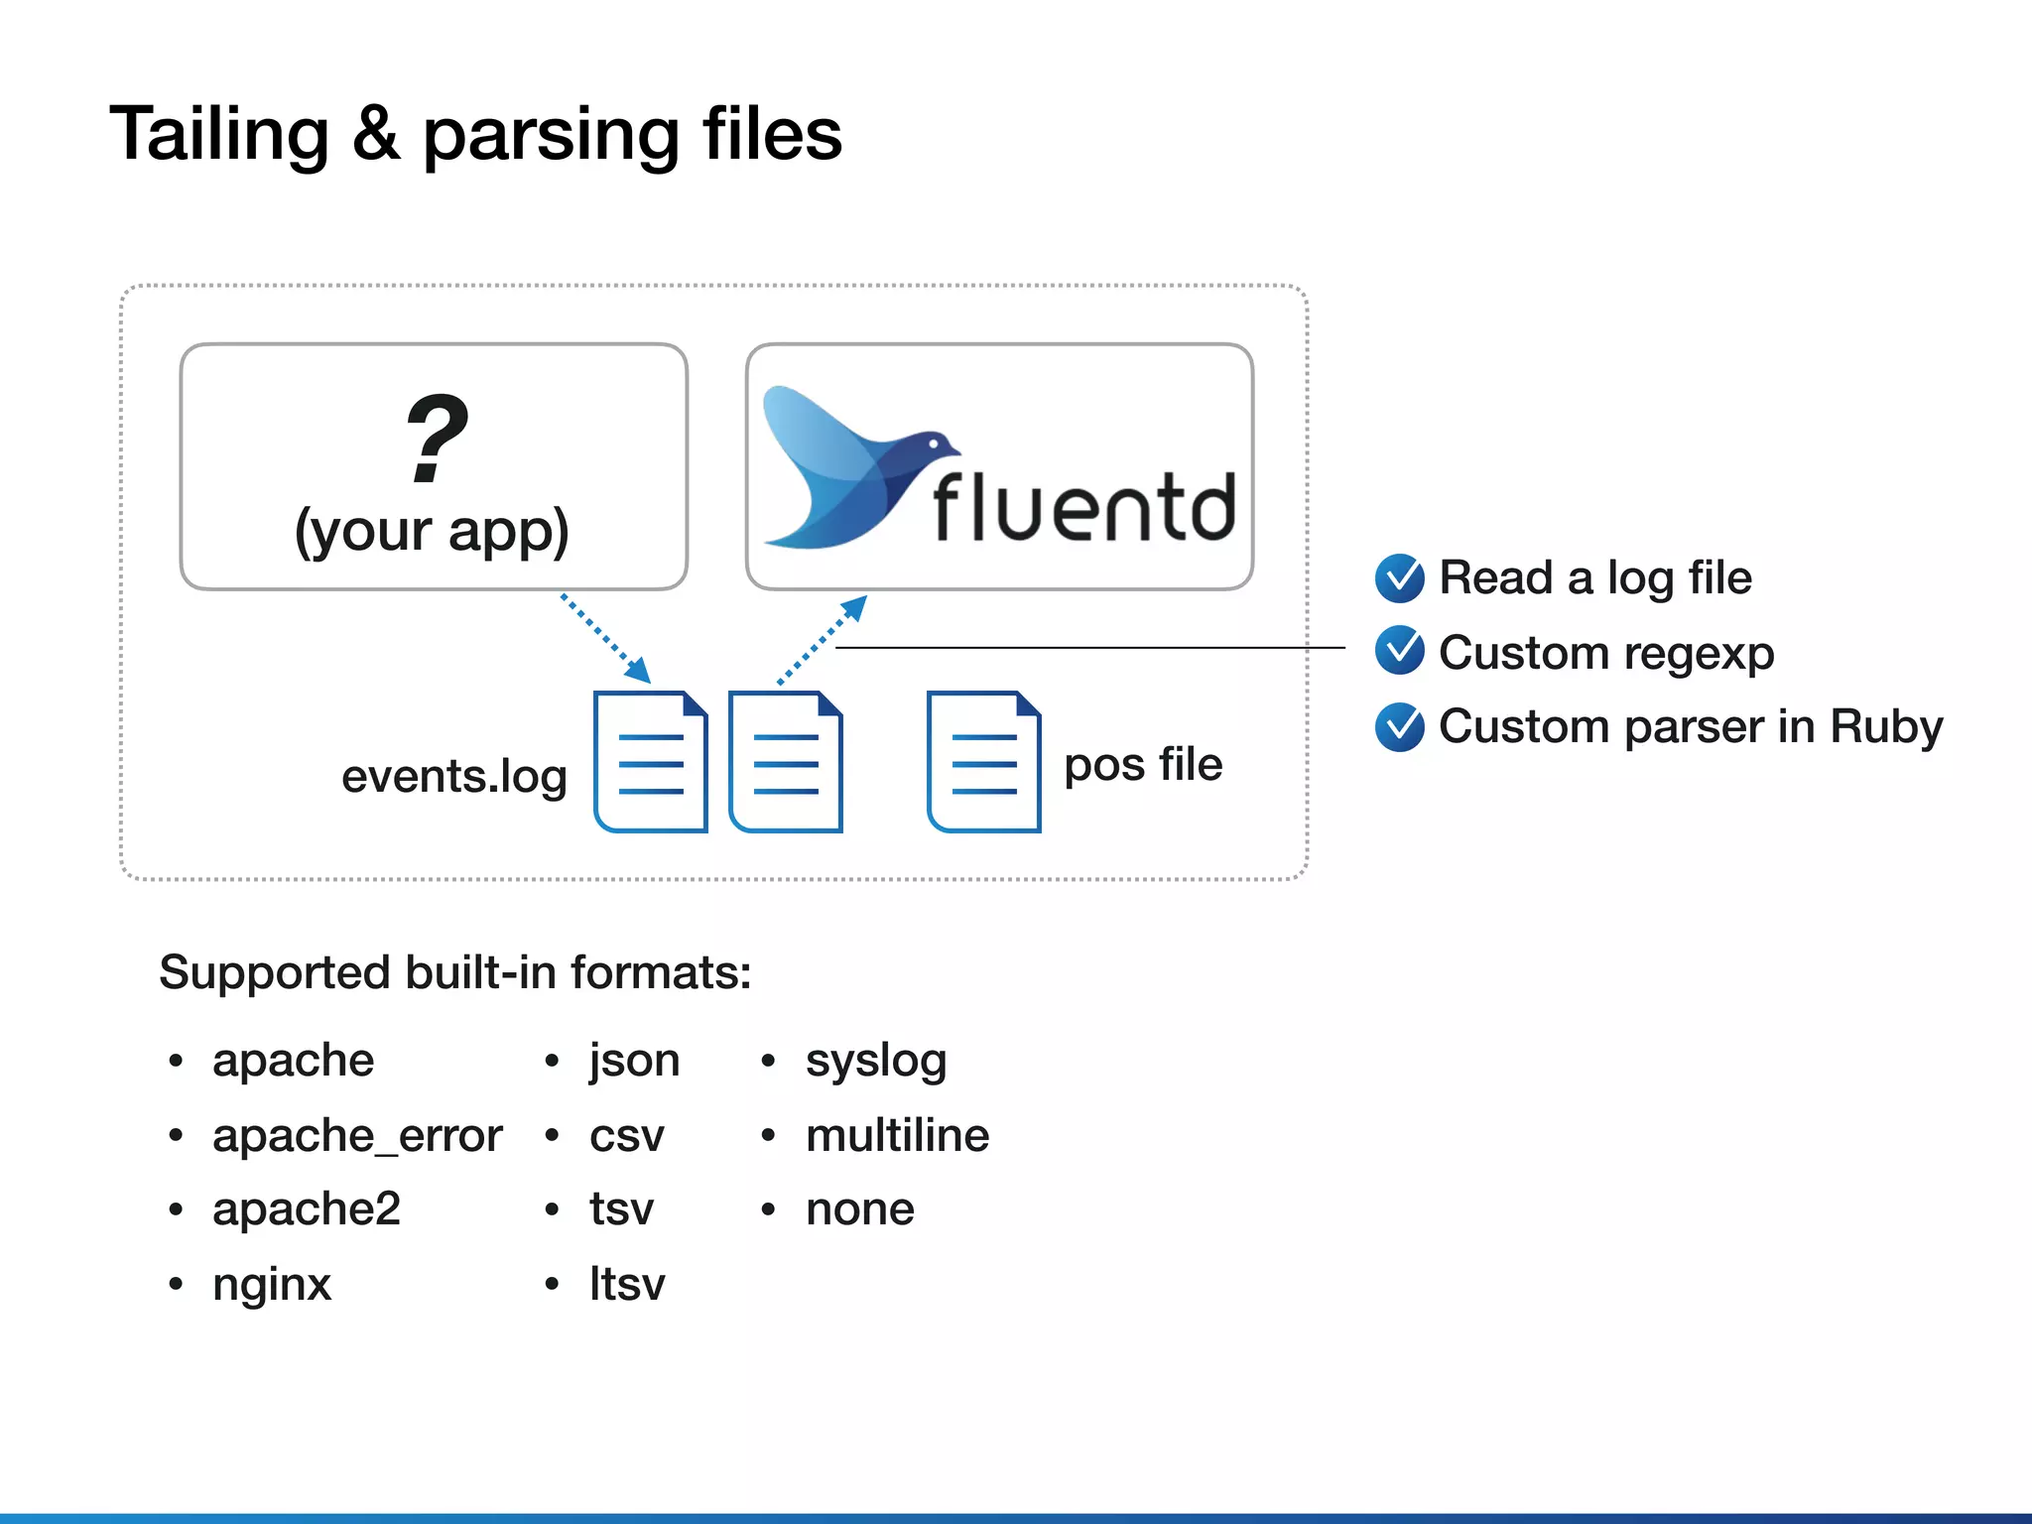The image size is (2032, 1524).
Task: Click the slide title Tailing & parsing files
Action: [475, 134]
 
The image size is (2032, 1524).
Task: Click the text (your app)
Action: [432, 531]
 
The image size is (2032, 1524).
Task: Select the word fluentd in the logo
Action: [1083, 508]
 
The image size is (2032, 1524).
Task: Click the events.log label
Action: [453, 776]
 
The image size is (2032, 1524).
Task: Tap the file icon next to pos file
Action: [983, 762]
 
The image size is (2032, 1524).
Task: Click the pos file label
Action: [1143, 764]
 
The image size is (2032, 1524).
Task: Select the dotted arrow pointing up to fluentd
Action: [823, 640]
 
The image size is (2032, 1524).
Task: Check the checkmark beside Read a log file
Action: [1400, 578]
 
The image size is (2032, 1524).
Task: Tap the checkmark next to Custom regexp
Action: [1400, 651]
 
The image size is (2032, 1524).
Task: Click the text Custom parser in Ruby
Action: [1690, 726]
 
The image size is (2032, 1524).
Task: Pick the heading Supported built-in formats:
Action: [455, 972]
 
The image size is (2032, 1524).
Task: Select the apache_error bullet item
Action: [357, 1135]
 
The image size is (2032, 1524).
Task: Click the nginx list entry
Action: [272, 1284]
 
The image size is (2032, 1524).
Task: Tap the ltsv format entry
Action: [627, 1284]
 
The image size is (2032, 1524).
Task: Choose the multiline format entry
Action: [897, 1135]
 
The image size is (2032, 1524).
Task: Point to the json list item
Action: [634, 1061]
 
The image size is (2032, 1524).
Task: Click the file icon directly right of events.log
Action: [650, 762]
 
